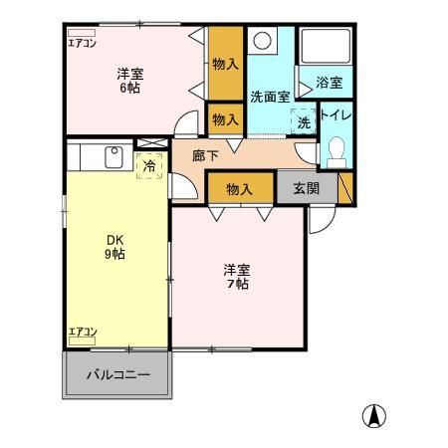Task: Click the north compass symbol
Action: [x=374, y=415]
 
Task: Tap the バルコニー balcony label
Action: [x=116, y=375]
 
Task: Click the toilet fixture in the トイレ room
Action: [x=336, y=152]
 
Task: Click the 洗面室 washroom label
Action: [x=270, y=97]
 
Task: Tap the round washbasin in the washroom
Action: [x=264, y=42]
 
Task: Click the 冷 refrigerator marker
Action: [x=148, y=166]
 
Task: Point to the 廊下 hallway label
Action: [x=205, y=155]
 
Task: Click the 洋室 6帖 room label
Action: [x=129, y=80]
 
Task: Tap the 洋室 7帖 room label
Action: [x=236, y=276]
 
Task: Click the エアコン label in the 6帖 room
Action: [x=82, y=42]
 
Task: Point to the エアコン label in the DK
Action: [x=82, y=332]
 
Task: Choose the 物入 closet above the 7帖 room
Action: [x=239, y=188]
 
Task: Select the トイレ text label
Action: [x=336, y=115]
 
